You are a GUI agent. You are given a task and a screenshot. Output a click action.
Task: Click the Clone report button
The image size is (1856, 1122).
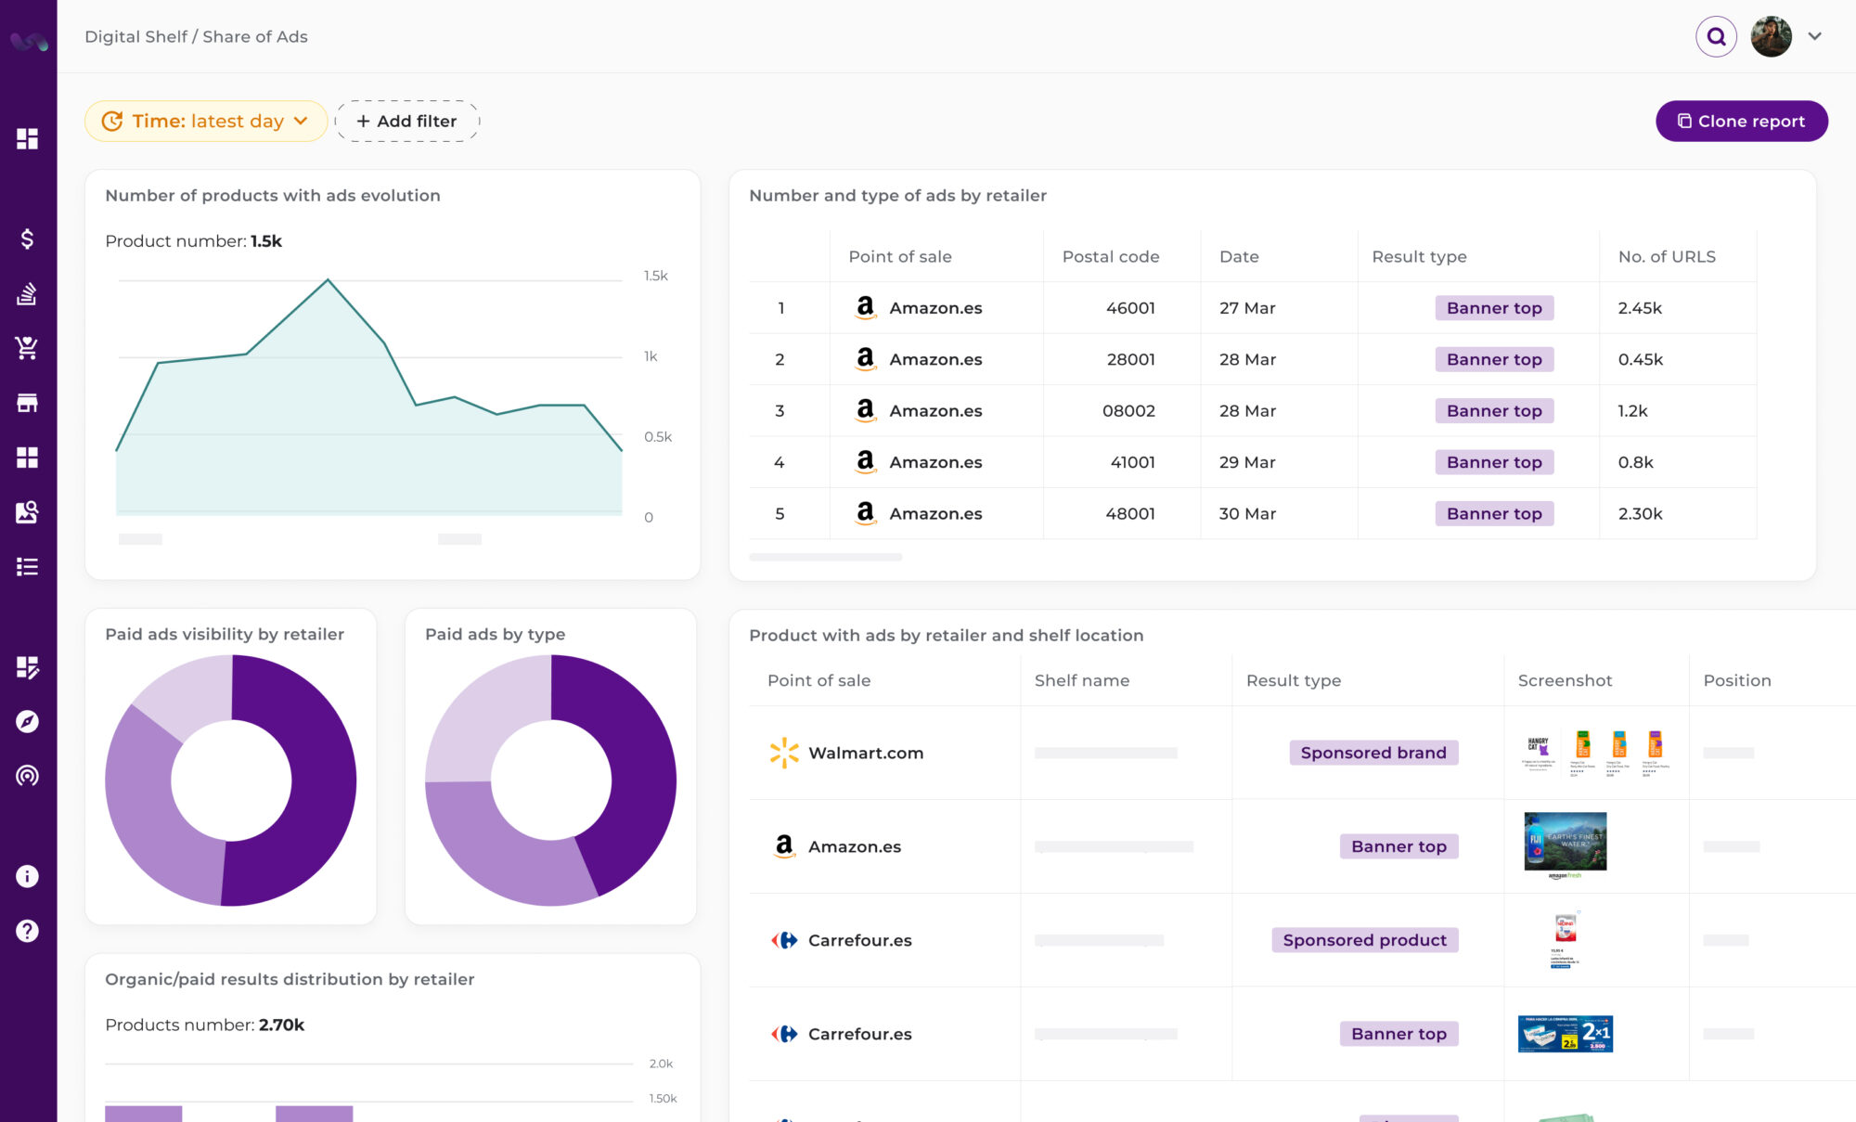1741,122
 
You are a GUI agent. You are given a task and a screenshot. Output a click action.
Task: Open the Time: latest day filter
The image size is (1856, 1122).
206,122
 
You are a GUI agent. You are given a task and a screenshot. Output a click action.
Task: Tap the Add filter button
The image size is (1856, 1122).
406,122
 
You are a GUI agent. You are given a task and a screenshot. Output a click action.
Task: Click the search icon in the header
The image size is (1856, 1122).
1716,37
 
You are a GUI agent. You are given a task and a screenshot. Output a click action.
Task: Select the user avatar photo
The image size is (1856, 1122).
1771,37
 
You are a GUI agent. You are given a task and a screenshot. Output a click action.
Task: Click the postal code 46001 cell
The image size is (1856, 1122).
1129,308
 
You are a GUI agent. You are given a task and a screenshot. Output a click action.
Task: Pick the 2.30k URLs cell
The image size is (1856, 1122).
1640,513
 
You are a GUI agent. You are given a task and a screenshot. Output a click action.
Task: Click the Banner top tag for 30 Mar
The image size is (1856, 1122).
1493,513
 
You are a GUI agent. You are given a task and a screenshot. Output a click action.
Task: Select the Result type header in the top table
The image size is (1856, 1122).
1419,257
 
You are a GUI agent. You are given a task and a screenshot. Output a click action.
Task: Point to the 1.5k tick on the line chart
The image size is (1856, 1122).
655,276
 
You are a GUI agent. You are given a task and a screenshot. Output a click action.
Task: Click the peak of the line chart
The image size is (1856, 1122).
328,279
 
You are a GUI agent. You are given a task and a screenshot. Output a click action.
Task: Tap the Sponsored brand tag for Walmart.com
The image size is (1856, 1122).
1373,753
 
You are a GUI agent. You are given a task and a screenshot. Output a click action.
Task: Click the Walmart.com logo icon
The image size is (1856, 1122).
784,753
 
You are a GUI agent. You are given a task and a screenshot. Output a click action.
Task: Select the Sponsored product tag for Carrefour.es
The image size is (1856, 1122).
1364,940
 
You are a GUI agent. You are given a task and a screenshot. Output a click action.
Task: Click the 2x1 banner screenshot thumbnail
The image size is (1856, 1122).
1565,1034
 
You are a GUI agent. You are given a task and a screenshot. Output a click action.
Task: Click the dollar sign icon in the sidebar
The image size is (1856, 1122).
27,239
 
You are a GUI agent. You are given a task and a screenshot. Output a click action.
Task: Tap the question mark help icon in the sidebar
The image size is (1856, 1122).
27,931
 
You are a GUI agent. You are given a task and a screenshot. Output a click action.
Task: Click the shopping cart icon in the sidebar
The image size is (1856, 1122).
27,348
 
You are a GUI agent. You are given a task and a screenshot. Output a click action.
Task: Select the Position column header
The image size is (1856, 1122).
1736,680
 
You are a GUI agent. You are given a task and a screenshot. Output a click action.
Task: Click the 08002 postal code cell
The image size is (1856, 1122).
1128,411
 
